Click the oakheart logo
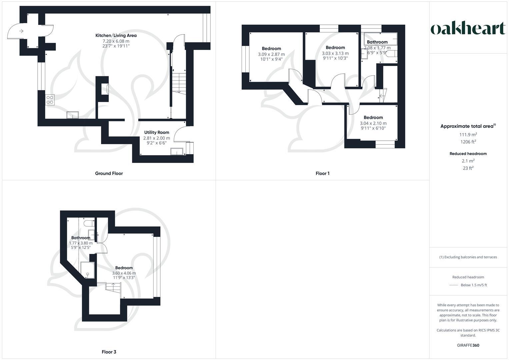468,28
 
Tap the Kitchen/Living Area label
116,35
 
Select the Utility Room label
157,132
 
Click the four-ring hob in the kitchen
50,100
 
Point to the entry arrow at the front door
21,31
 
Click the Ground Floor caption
109,173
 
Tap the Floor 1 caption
322,173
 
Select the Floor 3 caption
109,352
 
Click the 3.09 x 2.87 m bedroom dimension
271,54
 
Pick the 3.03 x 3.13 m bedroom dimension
335,53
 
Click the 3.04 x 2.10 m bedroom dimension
373,123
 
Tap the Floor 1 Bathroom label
377,42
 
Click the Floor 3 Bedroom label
124,268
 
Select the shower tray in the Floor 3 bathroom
88,270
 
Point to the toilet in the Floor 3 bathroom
88,223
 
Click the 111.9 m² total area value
468,135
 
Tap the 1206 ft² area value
468,142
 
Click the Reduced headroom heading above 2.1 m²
468,154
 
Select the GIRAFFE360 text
468,345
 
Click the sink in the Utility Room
176,152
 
